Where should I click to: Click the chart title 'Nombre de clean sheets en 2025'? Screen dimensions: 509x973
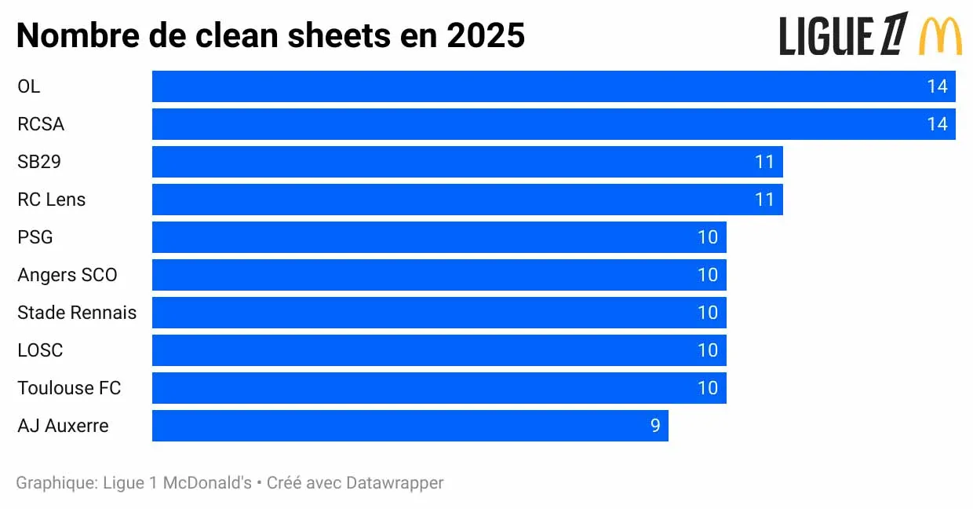[x=271, y=35]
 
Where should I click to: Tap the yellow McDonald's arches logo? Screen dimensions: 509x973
[x=940, y=36]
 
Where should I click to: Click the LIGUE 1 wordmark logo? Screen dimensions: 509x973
[x=844, y=35]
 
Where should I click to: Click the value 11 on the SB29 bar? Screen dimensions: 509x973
[x=764, y=162]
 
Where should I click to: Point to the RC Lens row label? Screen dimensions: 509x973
[x=51, y=200]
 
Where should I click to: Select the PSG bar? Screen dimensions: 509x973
[x=439, y=237]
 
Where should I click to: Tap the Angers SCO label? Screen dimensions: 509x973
[x=67, y=275]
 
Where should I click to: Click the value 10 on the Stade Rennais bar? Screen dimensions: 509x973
[x=708, y=313]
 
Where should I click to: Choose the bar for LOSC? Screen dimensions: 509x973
[x=439, y=350]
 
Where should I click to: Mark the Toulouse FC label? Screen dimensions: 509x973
[x=69, y=388]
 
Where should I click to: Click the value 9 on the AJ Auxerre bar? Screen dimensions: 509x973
[x=655, y=426]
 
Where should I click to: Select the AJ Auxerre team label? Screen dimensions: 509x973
[x=63, y=426]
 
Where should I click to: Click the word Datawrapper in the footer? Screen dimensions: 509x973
[x=395, y=482]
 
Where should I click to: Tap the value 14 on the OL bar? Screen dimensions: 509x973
[x=937, y=86]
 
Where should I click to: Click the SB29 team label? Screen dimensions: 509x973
[x=39, y=162]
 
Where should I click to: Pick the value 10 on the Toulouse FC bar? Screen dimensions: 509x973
[x=708, y=388]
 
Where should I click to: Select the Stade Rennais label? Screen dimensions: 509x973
[x=77, y=313]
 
